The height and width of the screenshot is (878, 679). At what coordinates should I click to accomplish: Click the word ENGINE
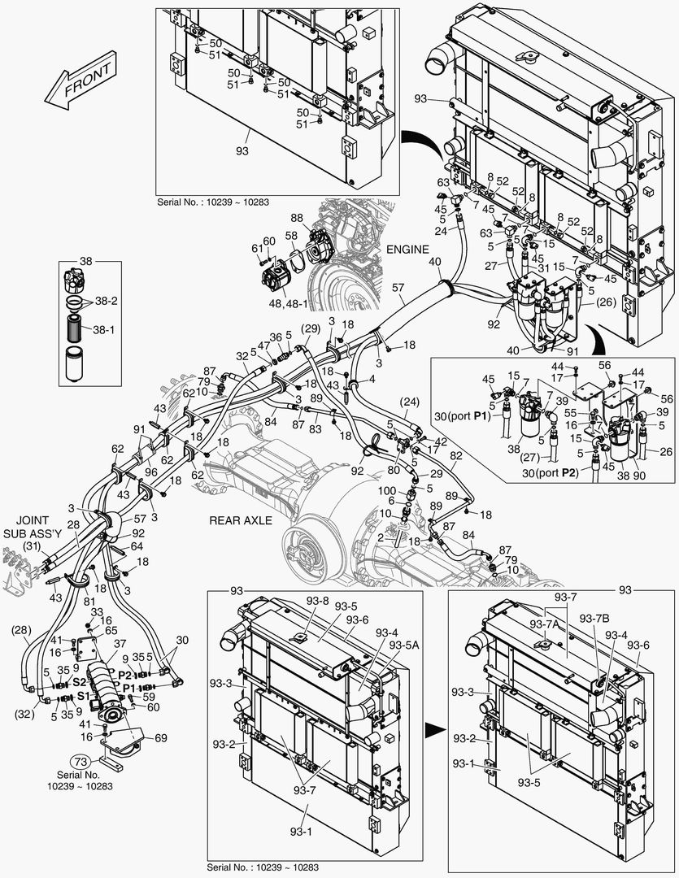(407, 250)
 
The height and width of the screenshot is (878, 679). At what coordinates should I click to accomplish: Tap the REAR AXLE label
(241, 519)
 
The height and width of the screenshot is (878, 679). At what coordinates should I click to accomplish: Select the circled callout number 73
(79, 762)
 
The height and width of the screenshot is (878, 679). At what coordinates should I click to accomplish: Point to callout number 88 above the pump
(297, 217)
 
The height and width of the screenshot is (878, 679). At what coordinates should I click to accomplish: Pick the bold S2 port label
(81, 683)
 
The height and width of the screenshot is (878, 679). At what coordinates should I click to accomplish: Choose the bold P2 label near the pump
(125, 675)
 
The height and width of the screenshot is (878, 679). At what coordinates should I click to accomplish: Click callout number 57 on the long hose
(398, 289)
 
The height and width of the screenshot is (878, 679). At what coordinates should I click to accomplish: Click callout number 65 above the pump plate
(111, 630)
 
